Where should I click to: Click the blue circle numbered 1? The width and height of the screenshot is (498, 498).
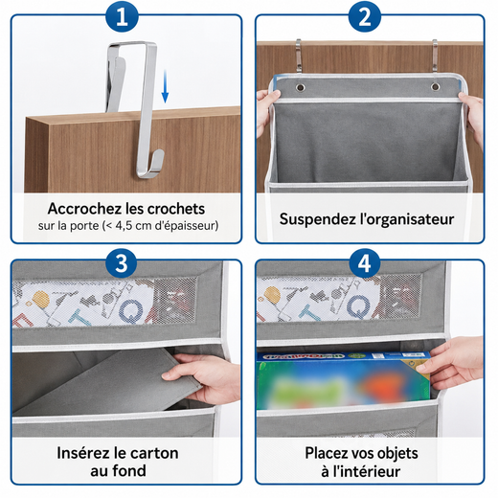tap(122, 16)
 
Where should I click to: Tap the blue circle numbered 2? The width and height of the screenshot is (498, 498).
tap(365, 16)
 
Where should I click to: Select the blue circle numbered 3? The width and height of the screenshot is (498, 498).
tap(122, 263)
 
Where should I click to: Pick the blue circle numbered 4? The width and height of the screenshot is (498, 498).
tap(365, 263)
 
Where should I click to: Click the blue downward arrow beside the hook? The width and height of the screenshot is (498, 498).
tap(165, 87)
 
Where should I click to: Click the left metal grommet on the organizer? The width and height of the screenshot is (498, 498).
tap(301, 87)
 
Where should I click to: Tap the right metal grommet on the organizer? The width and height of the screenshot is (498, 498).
tap(435, 86)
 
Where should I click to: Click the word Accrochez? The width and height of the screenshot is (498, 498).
tap(84, 209)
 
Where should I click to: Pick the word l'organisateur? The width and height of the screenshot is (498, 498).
tap(407, 219)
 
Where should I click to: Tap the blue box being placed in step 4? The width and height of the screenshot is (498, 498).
tap(343, 380)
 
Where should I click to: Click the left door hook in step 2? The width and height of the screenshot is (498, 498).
tap(299, 56)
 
